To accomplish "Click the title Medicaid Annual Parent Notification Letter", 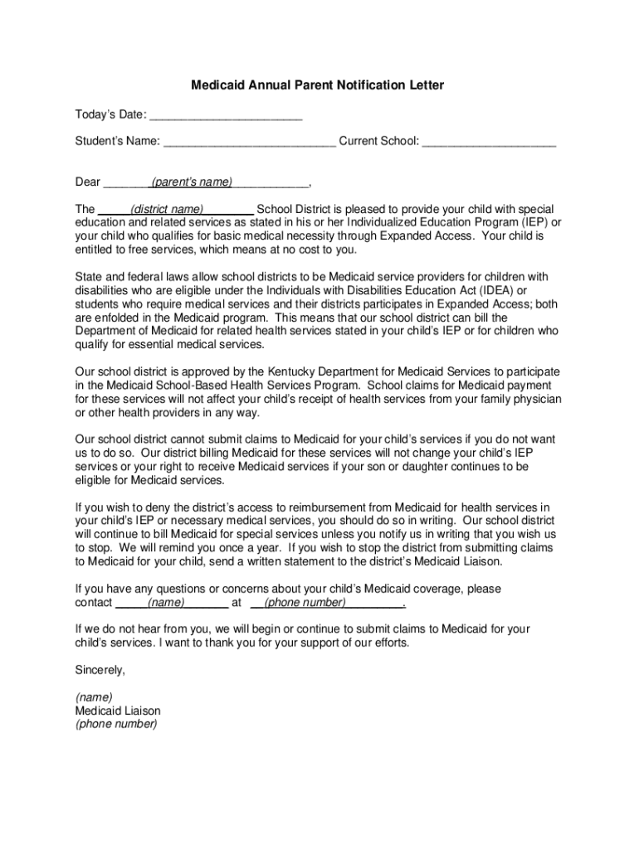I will (318, 85).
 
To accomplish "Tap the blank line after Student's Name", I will (250, 141).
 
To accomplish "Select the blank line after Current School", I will (489, 141).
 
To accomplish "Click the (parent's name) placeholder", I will (191, 182).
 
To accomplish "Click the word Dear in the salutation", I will (88, 182).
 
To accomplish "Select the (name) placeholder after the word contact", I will (166, 603).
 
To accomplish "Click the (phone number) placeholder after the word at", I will (305, 603).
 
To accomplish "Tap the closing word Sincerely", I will (100, 669).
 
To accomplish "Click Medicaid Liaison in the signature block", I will (118, 711).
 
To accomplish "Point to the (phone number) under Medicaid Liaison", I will (116, 724).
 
